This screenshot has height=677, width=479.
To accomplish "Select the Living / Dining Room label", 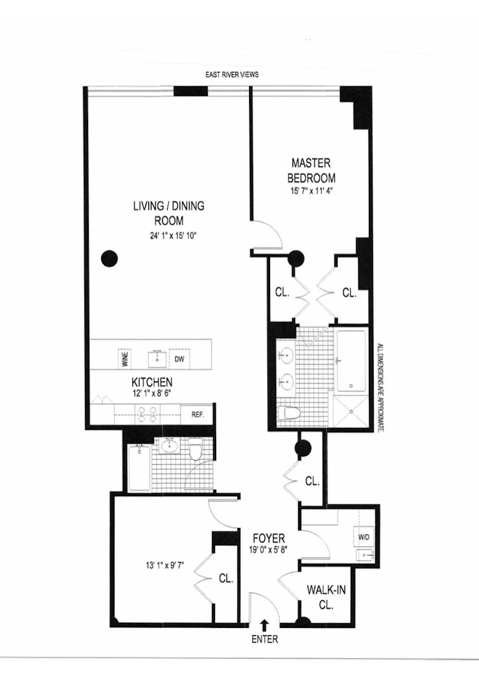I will [168, 213].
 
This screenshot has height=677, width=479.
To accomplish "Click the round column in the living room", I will [109, 259].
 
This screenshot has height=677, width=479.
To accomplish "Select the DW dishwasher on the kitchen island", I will [178, 359].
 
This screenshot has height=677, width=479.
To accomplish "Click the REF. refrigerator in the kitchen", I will [199, 414].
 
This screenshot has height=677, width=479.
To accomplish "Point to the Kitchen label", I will [152, 382].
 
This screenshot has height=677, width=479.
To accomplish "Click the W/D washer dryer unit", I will [364, 537].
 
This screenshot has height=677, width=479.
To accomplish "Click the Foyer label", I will [268, 539].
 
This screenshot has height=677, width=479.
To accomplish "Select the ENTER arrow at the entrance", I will [264, 626].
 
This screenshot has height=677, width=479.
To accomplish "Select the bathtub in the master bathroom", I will [351, 360].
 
